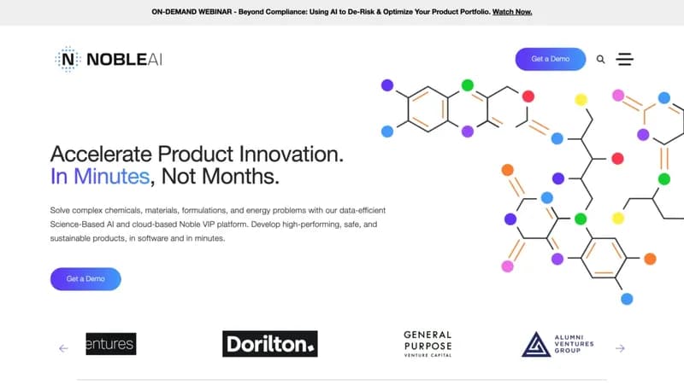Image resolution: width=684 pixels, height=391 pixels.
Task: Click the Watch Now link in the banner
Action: pyautogui.click(x=512, y=12)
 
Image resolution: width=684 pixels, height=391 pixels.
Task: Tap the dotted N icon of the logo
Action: pyautogui.click(x=68, y=59)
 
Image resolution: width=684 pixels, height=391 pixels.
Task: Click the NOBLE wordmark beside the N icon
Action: pyautogui.click(x=116, y=60)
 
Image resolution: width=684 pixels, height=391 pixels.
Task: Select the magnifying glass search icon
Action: pyautogui.click(x=601, y=59)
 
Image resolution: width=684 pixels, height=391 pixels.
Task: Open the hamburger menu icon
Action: pyautogui.click(x=625, y=59)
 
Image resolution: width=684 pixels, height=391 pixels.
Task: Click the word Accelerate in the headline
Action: pyautogui.click(x=101, y=155)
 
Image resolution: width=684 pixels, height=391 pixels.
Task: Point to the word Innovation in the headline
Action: pyautogui.click(x=292, y=155)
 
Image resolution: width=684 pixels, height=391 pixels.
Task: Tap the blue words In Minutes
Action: pyautogui.click(x=100, y=177)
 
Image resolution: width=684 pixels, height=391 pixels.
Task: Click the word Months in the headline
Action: pyautogui.click(x=240, y=177)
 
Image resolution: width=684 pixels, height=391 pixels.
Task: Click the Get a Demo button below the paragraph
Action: pyautogui.click(x=85, y=279)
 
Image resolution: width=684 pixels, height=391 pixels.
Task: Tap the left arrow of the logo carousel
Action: pyautogui.click(x=63, y=348)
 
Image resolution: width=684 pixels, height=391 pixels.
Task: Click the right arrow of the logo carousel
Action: pyautogui.click(x=620, y=348)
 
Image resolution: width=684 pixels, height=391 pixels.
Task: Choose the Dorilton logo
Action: pyautogui.click(x=270, y=344)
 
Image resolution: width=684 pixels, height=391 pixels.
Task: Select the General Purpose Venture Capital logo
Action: pyautogui.click(x=427, y=344)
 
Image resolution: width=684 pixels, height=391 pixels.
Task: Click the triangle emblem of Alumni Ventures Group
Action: pyautogui.click(x=536, y=344)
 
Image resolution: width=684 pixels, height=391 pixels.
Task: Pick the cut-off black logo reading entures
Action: pyautogui.click(x=111, y=344)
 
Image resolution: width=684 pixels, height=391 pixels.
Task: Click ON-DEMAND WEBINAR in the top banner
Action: pyautogui.click(x=192, y=12)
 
